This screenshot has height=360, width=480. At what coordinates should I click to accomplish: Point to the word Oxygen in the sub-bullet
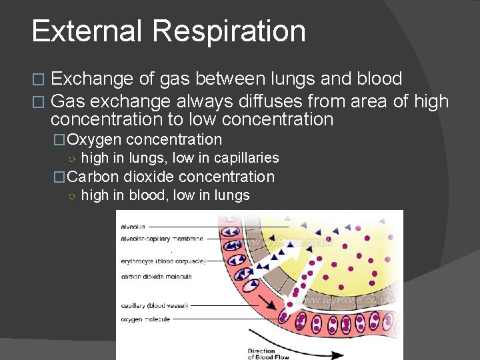(x=94, y=140)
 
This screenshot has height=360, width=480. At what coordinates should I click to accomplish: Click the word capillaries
(x=246, y=159)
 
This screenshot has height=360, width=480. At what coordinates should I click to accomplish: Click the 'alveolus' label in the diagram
(x=133, y=227)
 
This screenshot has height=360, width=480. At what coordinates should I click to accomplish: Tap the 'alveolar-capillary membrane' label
(x=162, y=239)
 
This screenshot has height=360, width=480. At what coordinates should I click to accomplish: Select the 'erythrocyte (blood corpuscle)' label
(x=163, y=261)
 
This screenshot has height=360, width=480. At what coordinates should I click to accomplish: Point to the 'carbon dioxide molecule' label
(x=156, y=277)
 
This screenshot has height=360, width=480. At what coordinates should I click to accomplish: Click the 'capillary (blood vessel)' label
(x=154, y=306)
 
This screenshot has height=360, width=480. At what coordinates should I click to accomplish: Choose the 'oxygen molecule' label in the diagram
(x=145, y=319)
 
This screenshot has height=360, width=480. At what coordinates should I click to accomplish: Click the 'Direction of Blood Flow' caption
(x=261, y=354)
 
